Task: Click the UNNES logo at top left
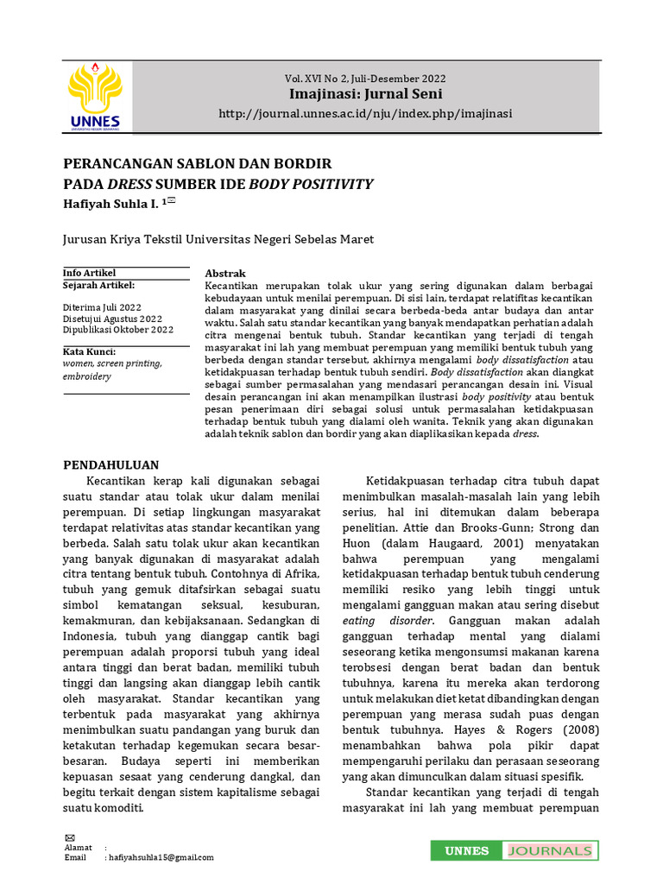[94, 96]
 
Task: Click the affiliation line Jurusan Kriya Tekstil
[218, 239]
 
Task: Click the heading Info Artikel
[90, 273]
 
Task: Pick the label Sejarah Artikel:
[98, 284]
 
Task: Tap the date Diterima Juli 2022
[103, 306]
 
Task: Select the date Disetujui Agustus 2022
[112, 318]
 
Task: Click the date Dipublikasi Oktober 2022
[118, 329]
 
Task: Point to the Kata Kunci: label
[89, 352]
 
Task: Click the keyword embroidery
[87, 376]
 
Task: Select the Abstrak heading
[225, 273]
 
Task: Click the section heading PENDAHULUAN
[111, 464]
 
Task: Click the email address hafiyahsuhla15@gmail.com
[160, 857]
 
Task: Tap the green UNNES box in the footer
[466, 851]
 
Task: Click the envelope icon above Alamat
[70, 838]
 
